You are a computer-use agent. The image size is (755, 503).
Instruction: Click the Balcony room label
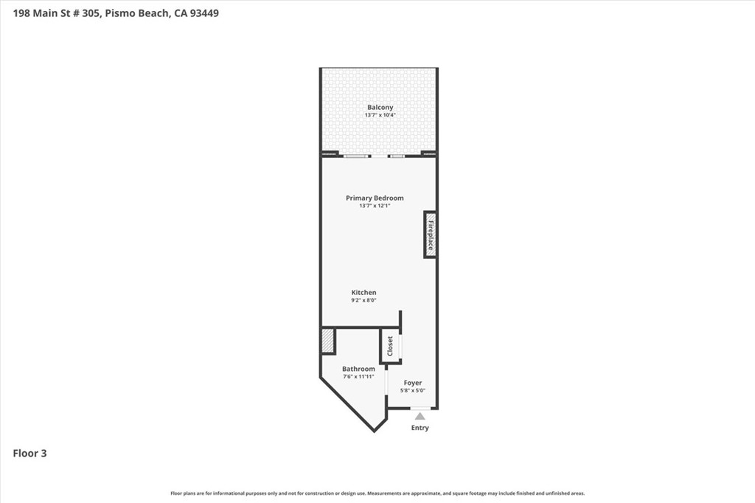coord(380,108)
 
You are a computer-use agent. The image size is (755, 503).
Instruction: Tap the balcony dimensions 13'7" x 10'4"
coord(380,116)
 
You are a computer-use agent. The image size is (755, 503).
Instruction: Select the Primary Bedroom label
coord(375,198)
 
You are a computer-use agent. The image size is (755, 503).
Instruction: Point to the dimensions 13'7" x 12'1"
coord(375,206)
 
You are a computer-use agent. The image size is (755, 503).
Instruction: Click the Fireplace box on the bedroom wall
coord(430,235)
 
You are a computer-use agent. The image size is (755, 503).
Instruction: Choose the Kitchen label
coord(363,292)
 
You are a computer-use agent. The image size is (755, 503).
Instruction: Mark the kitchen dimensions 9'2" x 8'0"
coord(363,300)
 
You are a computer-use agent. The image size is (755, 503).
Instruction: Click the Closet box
coord(390,347)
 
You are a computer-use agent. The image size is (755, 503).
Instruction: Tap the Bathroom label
coord(358,369)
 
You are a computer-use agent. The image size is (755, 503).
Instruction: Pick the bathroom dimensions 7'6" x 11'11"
coord(358,377)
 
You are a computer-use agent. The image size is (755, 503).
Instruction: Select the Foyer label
coord(413,383)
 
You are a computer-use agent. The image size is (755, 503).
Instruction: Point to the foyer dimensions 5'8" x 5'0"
coord(413,391)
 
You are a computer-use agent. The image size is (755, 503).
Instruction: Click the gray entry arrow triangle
coord(420,416)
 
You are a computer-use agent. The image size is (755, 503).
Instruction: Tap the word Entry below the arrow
coord(420,428)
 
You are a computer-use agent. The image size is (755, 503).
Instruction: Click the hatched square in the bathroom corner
coord(328,341)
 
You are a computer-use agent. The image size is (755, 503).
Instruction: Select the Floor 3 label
coord(30,454)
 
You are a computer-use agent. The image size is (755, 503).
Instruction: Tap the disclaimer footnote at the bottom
coord(377,493)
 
